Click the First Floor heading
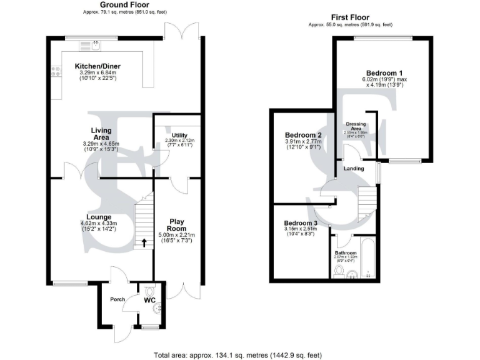point(350,17)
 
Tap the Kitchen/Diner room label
point(97,66)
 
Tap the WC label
point(149,301)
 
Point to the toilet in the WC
point(149,291)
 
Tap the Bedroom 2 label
point(303,135)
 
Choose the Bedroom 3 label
point(301,223)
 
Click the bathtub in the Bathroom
point(367,257)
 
